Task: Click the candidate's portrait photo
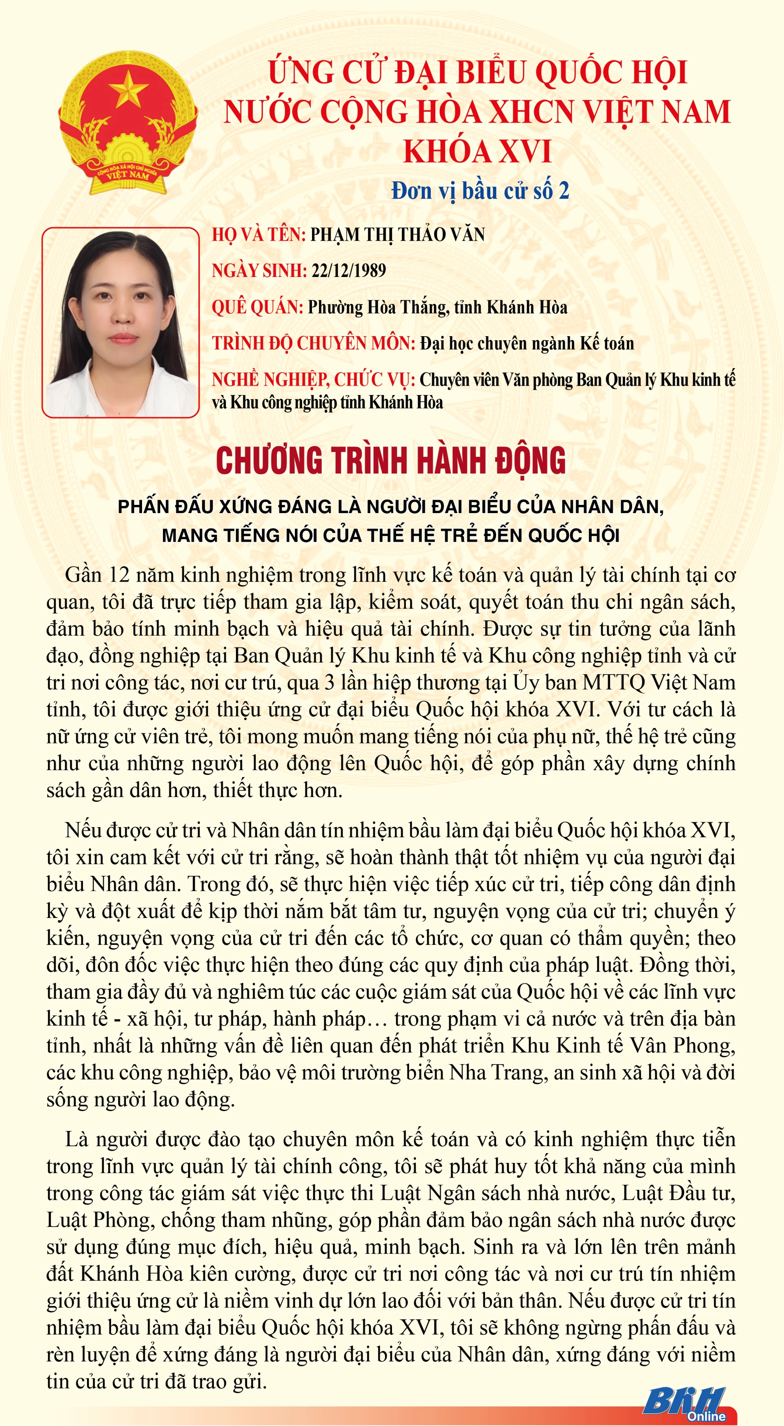(x=120, y=322)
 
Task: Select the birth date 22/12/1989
(x=349, y=271)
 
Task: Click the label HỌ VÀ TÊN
(x=258, y=235)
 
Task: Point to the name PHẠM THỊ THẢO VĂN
(x=397, y=235)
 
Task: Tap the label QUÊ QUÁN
(x=257, y=307)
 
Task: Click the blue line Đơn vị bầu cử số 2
(x=480, y=191)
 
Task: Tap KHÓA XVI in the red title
(x=477, y=151)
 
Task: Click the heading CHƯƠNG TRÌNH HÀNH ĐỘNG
(x=391, y=461)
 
